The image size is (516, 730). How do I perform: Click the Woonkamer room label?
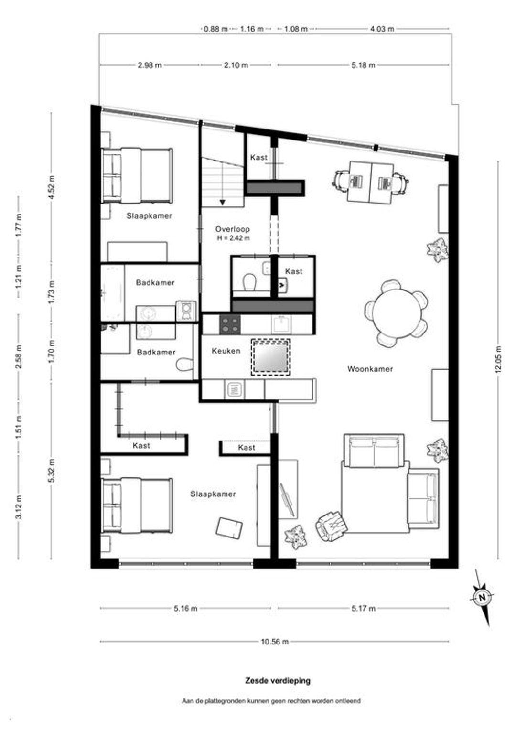[370, 369]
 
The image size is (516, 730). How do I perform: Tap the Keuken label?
[226, 351]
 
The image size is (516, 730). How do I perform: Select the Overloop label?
[232, 229]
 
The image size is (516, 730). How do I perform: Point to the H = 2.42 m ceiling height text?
[233, 238]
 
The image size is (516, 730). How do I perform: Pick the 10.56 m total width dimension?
[275, 642]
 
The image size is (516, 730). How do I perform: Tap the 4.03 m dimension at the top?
[382, 29]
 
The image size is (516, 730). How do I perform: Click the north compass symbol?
[482, 597]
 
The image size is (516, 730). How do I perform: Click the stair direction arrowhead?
[223, 202]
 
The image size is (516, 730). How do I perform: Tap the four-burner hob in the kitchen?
[230, 324]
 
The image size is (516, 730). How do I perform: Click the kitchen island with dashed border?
[270, 357]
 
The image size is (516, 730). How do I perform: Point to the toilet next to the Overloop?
[250, 281]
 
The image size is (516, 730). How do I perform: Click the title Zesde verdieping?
[278, 680]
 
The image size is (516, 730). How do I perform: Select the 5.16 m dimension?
[185, 608]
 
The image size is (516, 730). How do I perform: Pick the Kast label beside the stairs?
[259, 157]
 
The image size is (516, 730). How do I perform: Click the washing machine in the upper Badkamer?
[186, 311]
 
